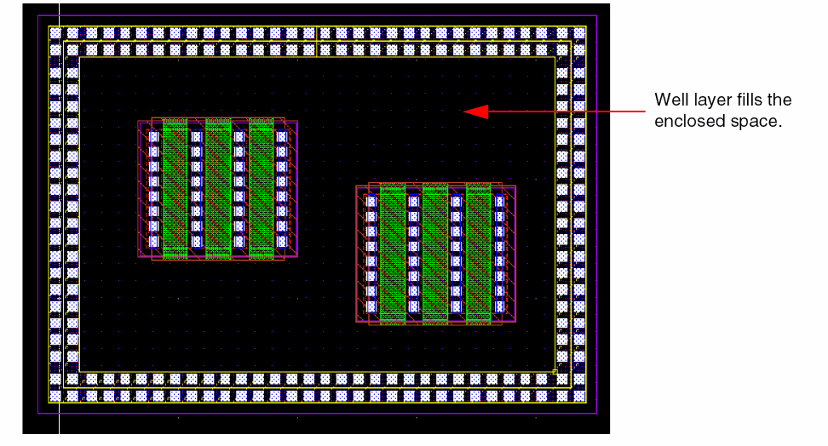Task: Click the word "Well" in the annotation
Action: (668, 100)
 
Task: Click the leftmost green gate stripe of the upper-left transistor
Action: (175, 188)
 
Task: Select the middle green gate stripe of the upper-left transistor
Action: (218, 188)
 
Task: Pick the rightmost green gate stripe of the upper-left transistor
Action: (262, 188)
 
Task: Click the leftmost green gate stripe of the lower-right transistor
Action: (392, 254)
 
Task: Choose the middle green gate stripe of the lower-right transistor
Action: (435, 254)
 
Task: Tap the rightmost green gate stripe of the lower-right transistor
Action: (479, 254)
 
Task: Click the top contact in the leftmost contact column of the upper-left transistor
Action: (154, 136)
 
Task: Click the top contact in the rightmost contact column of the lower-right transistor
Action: (500, 202)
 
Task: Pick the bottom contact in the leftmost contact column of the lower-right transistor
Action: (371, 306)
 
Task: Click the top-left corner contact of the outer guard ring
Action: (56, 34)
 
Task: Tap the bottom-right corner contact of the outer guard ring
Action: (579, 396)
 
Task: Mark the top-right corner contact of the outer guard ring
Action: (579, 34)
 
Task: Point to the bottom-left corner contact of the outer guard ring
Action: (56, 396)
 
